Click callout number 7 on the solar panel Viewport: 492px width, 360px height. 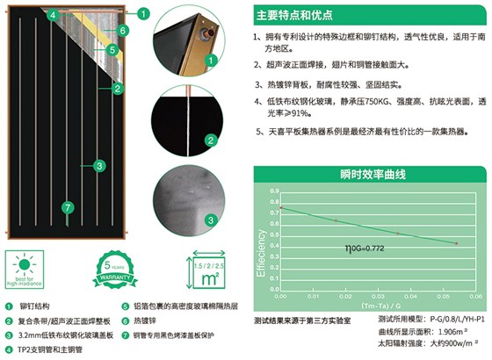pos(65,208)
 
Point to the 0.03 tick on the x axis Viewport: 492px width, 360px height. pos(379,297)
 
